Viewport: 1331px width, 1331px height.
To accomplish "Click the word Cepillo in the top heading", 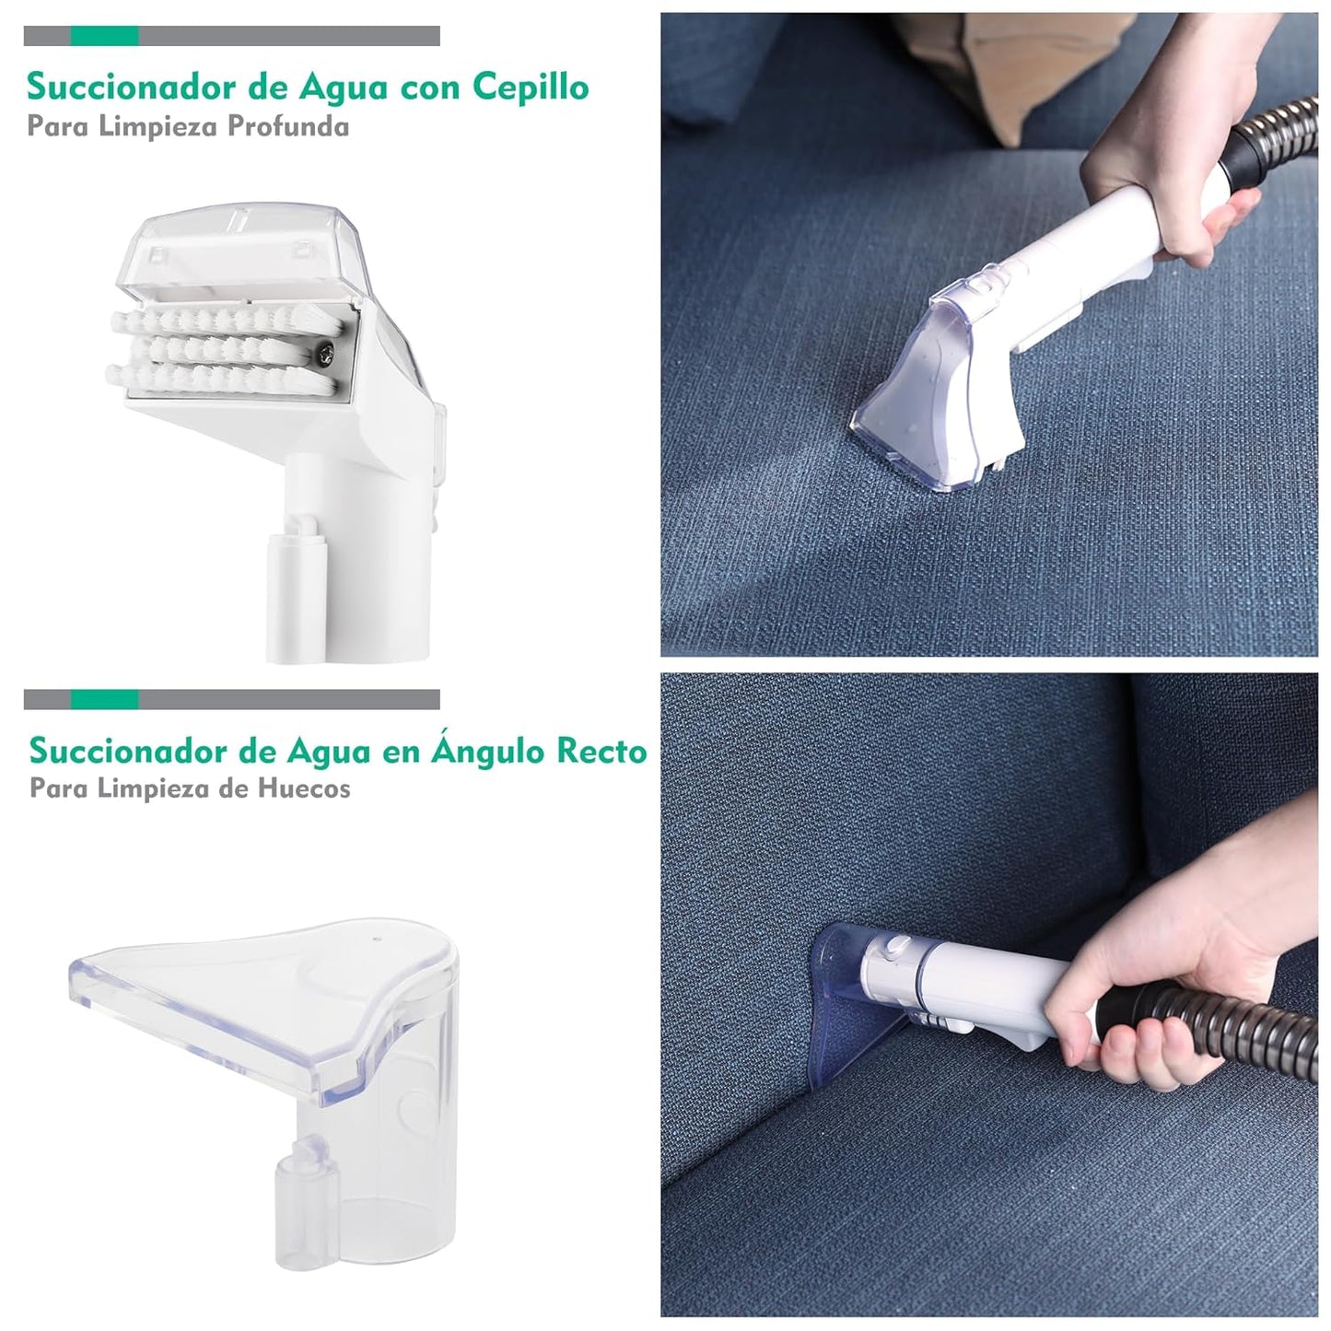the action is click(x=531, y=88).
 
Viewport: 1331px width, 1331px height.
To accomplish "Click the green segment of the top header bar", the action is click(x=104, y=36).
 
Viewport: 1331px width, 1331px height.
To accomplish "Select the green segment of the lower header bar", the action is click(x=104, y=699).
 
